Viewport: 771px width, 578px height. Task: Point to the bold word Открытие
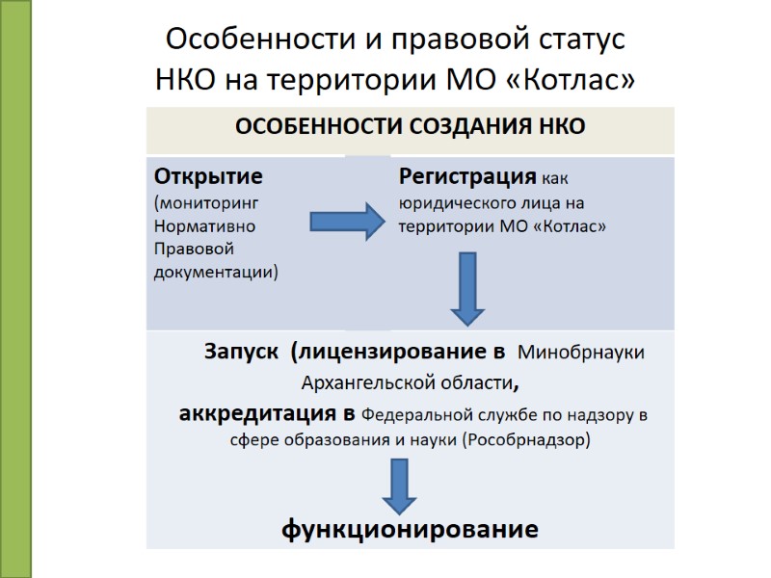(x=209, y=178)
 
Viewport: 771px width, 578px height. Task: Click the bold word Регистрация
(x=467, y=178)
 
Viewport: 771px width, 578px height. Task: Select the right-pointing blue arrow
(x=345, y=223)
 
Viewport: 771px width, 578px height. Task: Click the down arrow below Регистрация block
(x=467, y=288)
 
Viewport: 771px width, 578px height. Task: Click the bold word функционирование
(x=410, y=530)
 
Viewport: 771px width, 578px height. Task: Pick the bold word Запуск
(x=240, y=351)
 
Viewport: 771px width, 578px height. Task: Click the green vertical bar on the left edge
(x=15, y=289)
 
